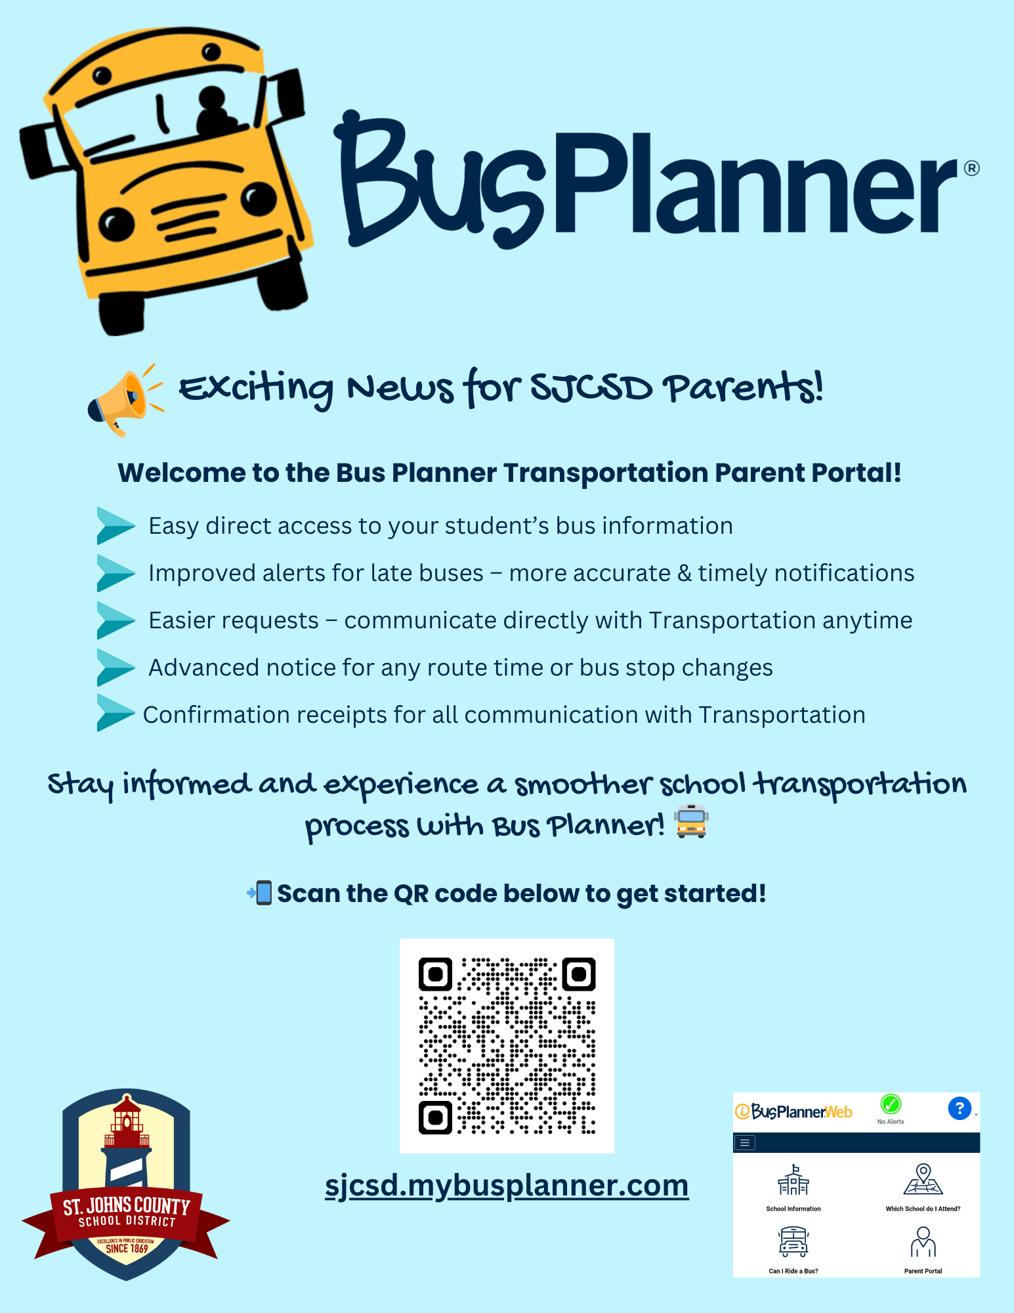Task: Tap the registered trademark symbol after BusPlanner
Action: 971,168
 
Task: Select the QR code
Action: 507,1045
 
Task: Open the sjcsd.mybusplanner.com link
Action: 507,1186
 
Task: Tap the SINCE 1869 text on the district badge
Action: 127,1249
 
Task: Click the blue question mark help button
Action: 960,1108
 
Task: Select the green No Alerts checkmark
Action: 891,1104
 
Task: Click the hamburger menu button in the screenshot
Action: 744,1143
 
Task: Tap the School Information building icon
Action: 793,1180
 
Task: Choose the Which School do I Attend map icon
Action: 923,1179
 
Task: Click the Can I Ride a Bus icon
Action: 793,1241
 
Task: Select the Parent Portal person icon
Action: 923,1241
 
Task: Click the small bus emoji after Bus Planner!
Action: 692,821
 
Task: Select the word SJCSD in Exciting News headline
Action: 591,388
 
